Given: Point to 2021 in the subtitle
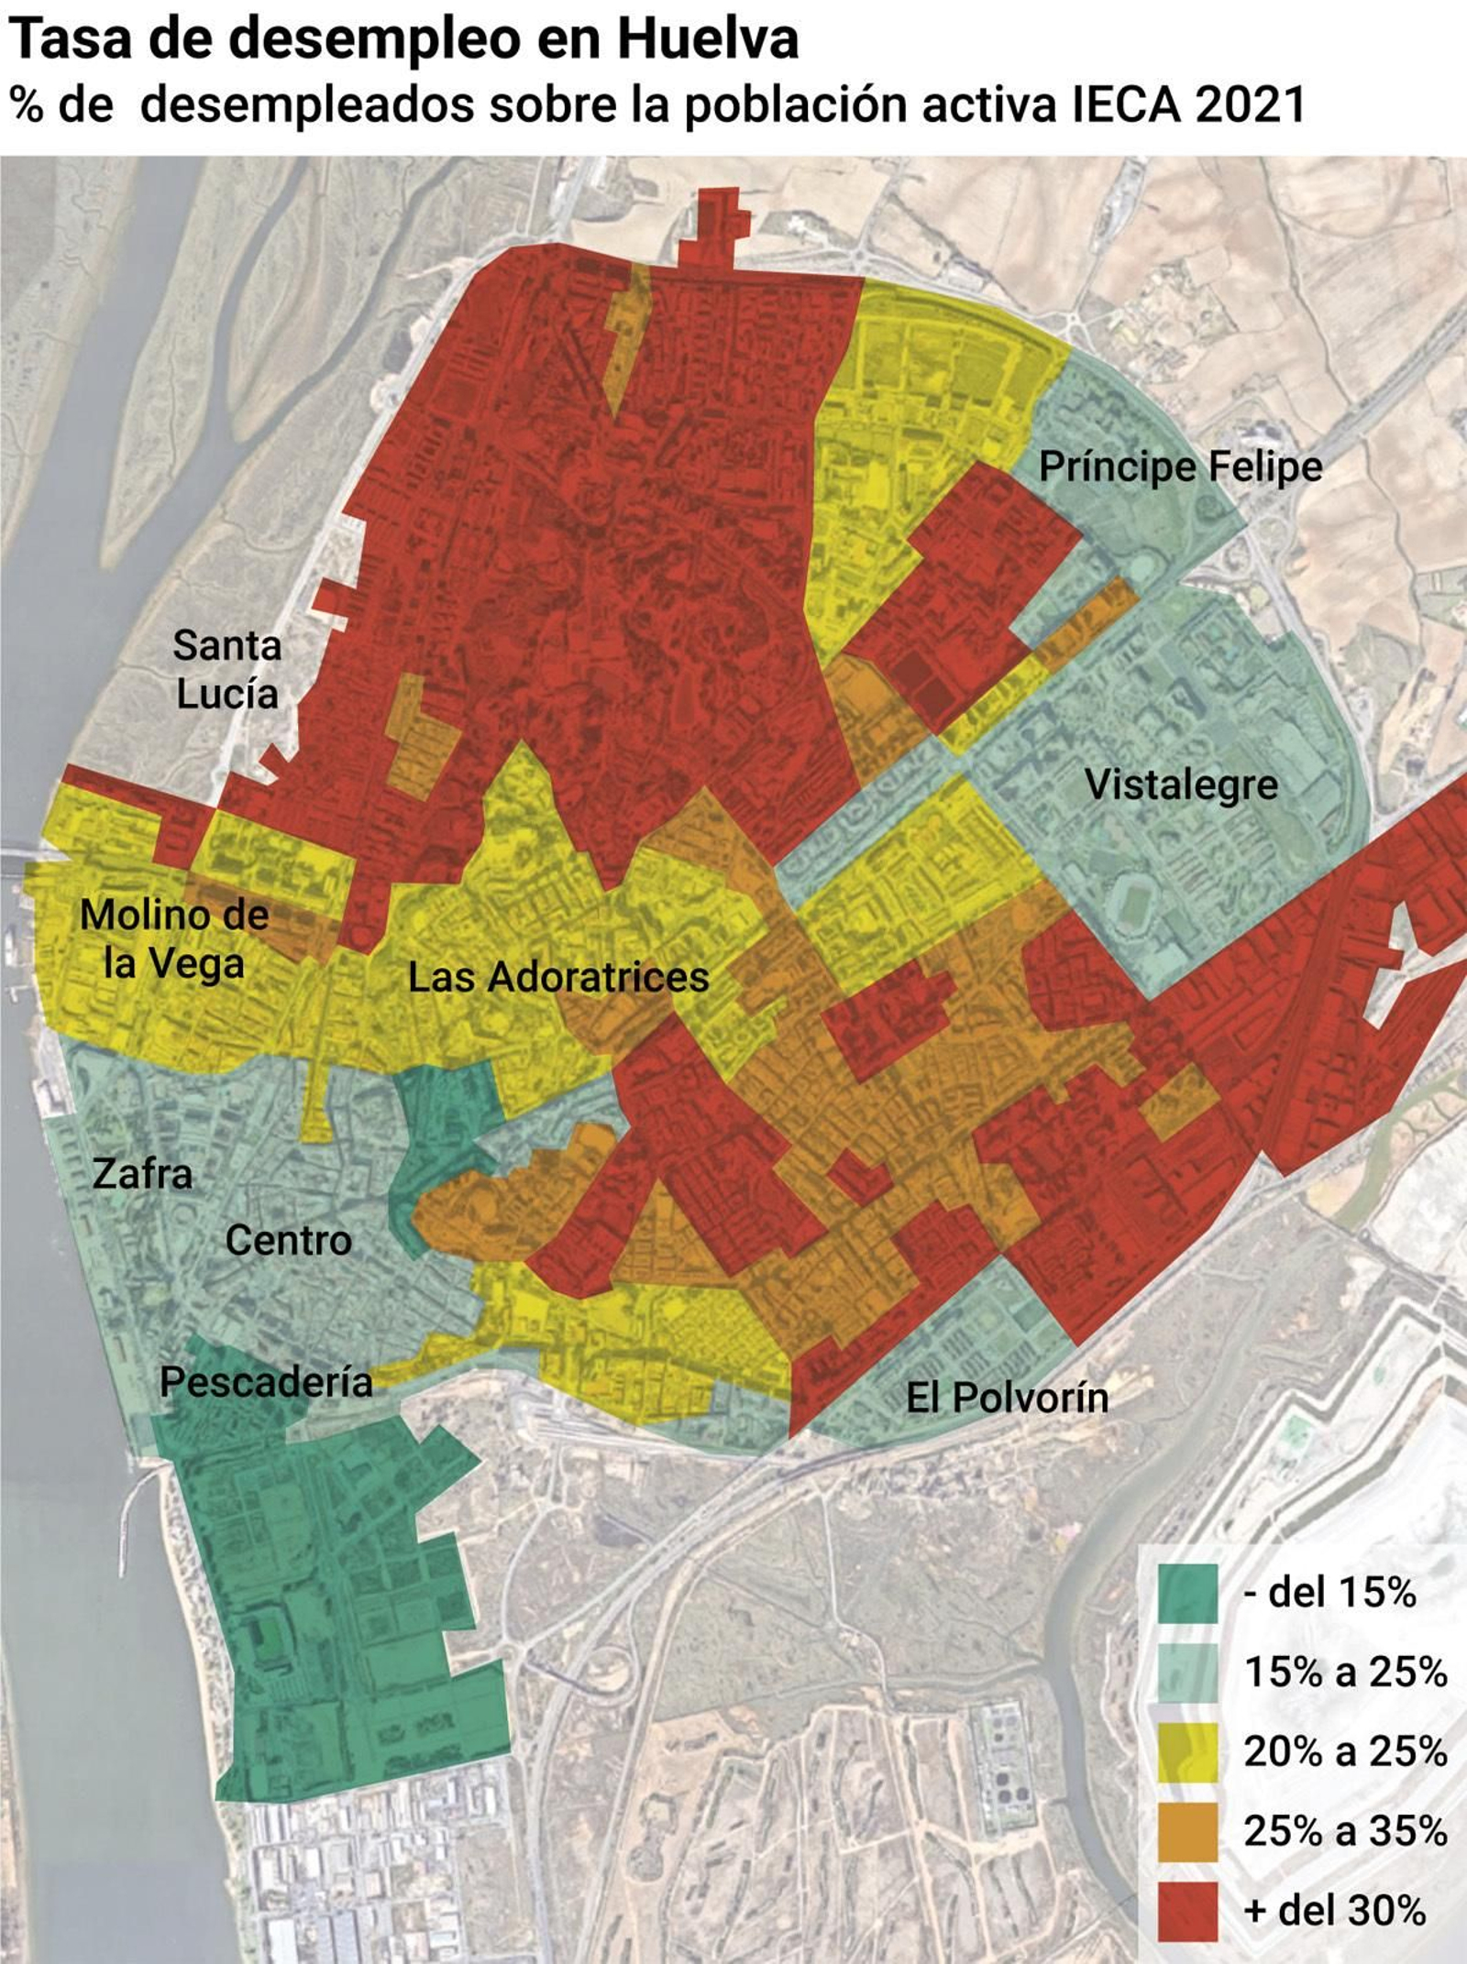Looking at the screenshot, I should click(1251, 104).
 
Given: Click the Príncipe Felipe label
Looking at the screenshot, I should click(1180, 466).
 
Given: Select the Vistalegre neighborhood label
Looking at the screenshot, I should click(1181, 785).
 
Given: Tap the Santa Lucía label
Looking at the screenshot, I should click(226, 669).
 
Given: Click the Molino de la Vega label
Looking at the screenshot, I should click(174, 938).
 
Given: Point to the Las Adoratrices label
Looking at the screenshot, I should click(557, 977).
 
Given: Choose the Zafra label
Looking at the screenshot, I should click(142, 1174).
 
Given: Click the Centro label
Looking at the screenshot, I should click(288, 1240).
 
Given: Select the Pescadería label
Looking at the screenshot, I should click(266, 1382).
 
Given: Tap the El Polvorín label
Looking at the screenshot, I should click(1007, 1398).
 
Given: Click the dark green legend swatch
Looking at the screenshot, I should click(1187, 1594).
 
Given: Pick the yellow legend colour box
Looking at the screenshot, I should click(1187, 1752).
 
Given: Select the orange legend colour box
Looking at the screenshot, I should click(1187, 1831).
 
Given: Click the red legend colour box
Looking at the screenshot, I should click(1187, 1911).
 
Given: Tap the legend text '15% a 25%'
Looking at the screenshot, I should click(1344, 1673).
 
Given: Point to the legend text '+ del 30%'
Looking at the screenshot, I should click(1334, 1911).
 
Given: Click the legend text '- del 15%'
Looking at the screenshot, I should click(1329, 1594).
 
